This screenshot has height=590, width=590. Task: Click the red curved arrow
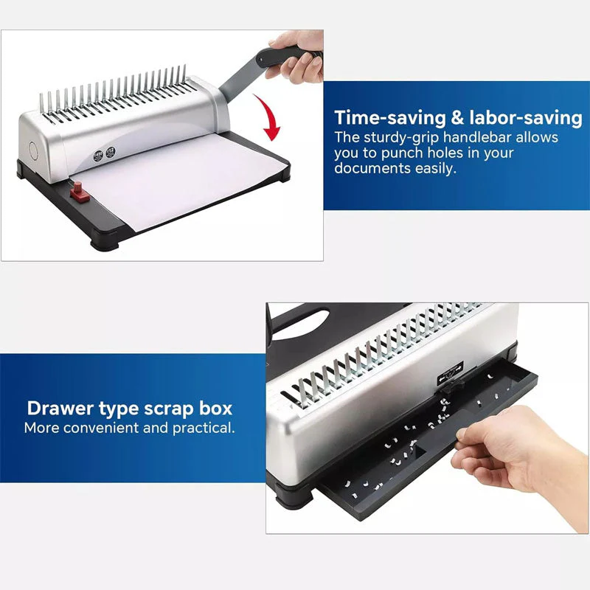tap(270, 116)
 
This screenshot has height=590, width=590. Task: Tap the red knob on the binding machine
tap(78, 191)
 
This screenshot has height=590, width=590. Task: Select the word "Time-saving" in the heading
tap(390, 117)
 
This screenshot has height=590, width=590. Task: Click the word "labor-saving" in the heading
tap(526, 117)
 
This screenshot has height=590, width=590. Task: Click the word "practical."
tap(204, 428)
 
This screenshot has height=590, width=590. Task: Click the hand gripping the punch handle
tap(296, 56)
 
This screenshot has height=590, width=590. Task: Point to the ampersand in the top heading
tap(457, 117)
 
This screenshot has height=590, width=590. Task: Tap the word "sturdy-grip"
tap(400, 138)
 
